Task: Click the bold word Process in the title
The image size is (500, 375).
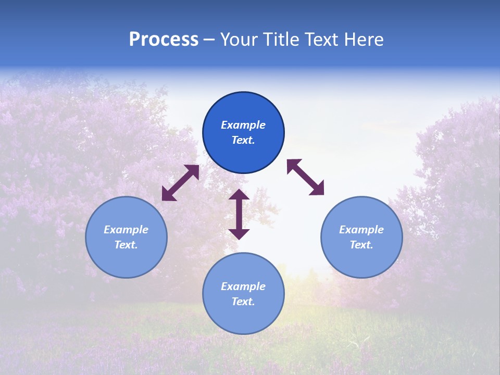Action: pyautogui.click(x=164, y=40)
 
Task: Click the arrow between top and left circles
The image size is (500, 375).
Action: pyautogui.click(x=180, y=183)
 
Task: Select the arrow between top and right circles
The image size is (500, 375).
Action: pyautogui.click(x=306, y=177)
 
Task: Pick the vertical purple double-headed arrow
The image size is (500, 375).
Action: pyautogui.click(x=239, y=214)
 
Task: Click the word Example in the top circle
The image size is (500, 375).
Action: pyautogui.click(x=243, y=125)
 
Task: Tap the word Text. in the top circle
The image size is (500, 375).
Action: pyautogui.click(x=243, y=140)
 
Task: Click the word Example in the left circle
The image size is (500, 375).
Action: pyautogui.click(x=126, y=230)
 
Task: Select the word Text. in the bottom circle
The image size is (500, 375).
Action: pyautogui.click(x=243, y=302)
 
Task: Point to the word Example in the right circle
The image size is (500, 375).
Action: pyautogui.click(x=361, y=230)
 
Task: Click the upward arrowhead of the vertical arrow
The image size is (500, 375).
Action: pyautogui.click(x=239, y=195)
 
